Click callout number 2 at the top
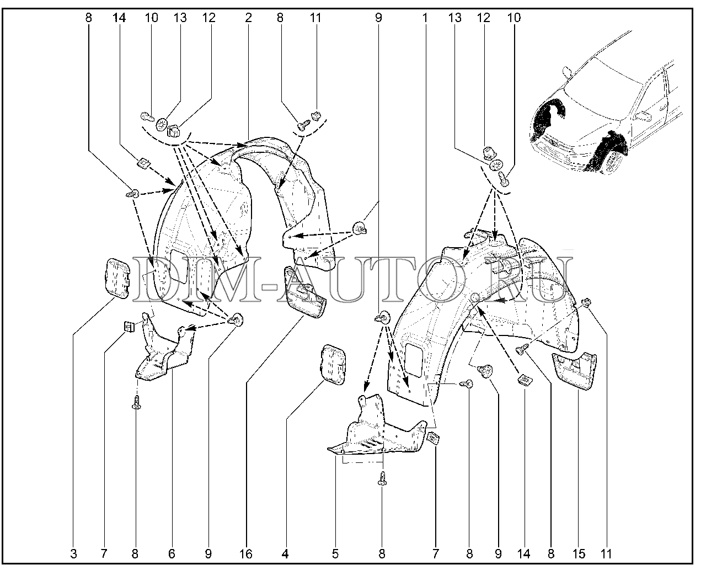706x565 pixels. pos(248,18)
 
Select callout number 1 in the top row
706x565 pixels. pos(425,18)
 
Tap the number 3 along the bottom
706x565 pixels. pos(73,554)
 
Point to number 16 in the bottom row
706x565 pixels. pos(246,554)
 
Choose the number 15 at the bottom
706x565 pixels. pos(579,554)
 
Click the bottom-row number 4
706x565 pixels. pos(285,554)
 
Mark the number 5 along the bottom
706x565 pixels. pos(335,554)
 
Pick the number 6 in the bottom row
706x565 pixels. pos(172,554)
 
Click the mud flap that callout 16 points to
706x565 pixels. pos(305,292)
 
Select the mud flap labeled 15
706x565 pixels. pos(574,371)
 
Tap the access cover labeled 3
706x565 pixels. pos(117,278)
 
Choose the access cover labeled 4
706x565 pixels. pos(333,364)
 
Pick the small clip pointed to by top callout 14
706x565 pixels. pos(143,163)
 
